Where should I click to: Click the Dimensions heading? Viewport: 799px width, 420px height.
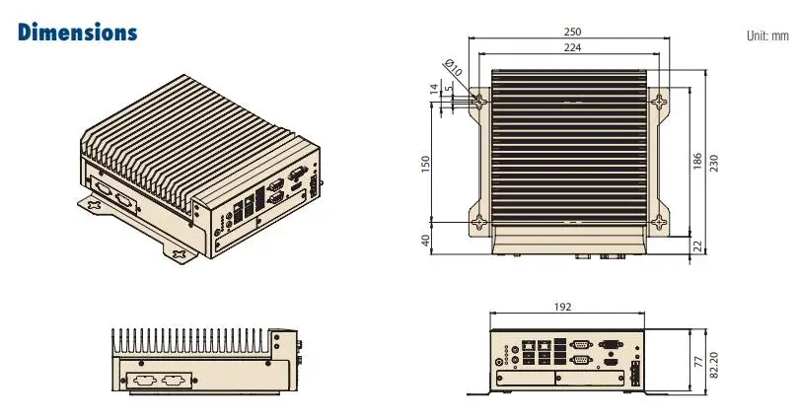click(77, 32)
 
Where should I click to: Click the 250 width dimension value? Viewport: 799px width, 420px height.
click(571, 31)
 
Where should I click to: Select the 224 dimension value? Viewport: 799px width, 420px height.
click(571, 46)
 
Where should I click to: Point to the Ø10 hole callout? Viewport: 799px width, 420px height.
click(454, 69)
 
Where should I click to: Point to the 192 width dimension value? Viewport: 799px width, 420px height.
click(562, 307)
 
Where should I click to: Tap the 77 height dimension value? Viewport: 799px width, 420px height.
click(696, 362)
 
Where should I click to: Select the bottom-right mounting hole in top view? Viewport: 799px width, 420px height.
click(660, 222)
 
